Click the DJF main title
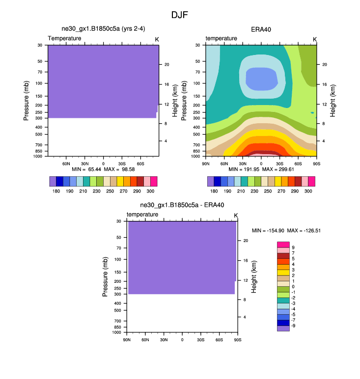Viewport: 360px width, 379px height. coord(180,15)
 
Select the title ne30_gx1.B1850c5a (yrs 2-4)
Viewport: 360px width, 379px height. coord(103,29)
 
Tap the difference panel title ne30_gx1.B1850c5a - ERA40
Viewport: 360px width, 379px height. coord(182,205)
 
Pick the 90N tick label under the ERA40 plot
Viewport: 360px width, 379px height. coord(206,163)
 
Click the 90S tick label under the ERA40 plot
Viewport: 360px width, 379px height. coord(316,163)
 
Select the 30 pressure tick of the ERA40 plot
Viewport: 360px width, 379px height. coord(197,45)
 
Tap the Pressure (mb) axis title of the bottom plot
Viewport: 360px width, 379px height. coord(105,277)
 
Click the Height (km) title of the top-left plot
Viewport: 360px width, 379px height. coord(174,100)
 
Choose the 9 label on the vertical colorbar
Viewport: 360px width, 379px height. coord(293,247)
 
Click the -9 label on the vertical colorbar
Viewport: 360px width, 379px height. coord(294,325)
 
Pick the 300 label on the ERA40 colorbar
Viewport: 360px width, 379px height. coord(308,190)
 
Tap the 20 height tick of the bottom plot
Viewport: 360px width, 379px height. coord(246,241)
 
